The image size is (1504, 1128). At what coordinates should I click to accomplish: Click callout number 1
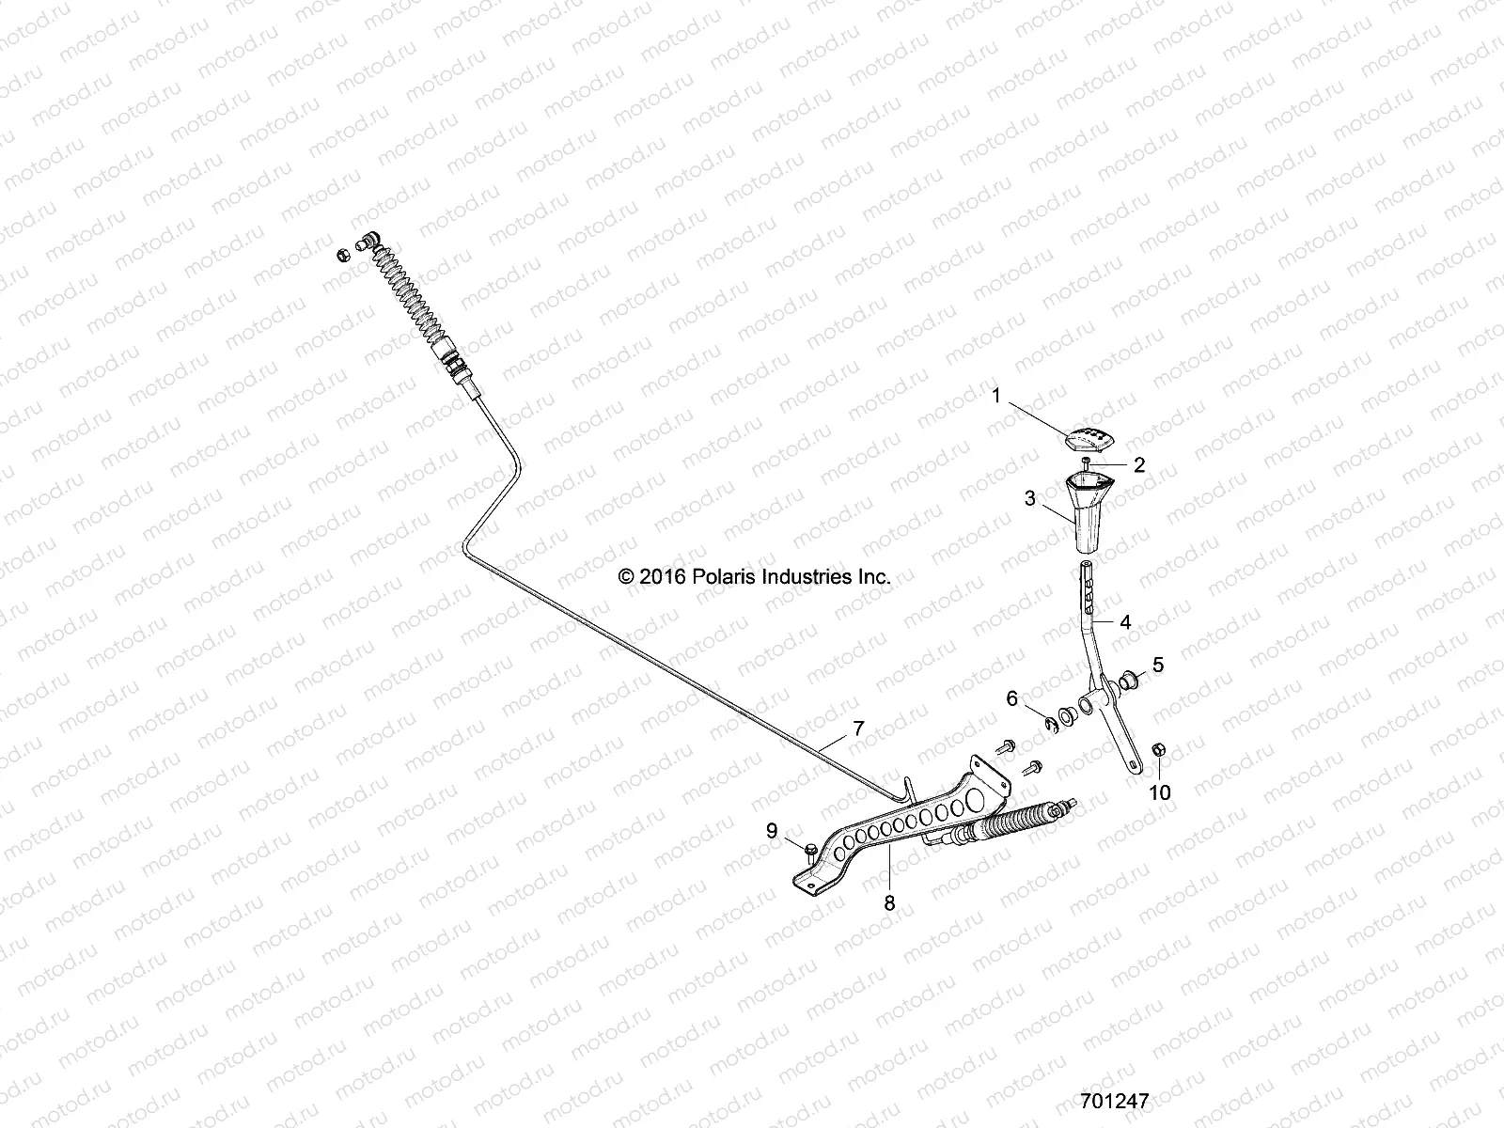coord(997,397)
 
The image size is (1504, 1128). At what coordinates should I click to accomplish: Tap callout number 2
coord(1138,463)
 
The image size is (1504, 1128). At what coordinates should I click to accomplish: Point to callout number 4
coord(1125,621)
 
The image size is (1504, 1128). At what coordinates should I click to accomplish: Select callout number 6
coord(1012,698)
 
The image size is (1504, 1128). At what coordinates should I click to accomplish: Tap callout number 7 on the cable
coord(857,727)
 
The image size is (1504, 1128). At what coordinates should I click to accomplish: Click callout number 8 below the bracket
coord(889,902)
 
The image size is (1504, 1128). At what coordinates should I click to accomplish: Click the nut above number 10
coord(1158,750)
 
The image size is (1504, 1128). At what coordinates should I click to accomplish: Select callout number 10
coord(1160,792)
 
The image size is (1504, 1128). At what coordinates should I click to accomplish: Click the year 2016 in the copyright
coord(665,577)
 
